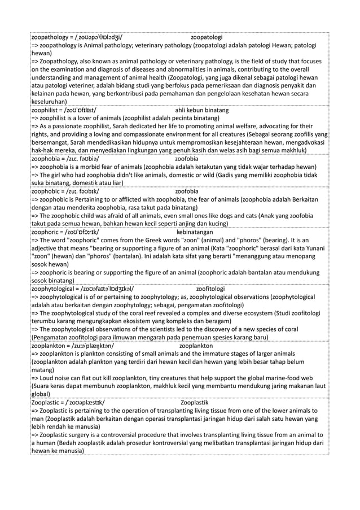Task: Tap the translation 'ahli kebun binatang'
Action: point(202,110)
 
